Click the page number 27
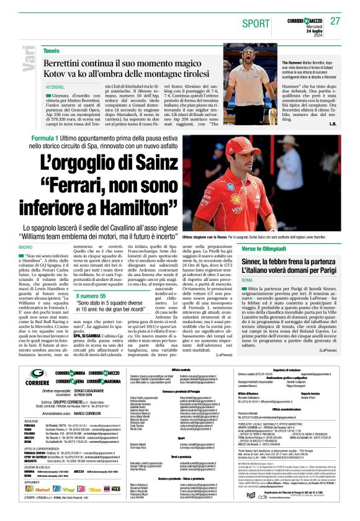[x=335, y=20]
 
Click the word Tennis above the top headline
[x=52, y=51]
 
